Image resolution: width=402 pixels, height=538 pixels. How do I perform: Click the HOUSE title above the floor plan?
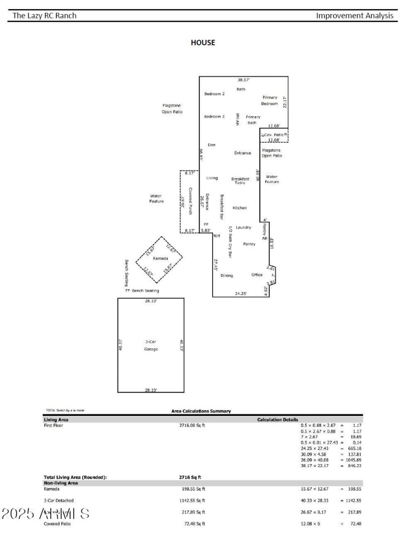click(203, 43)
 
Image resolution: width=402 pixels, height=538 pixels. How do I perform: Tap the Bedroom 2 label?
click(214, 94)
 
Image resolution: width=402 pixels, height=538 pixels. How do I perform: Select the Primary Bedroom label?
click(269, 101)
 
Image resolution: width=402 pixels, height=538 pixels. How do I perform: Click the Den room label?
click(212, 145)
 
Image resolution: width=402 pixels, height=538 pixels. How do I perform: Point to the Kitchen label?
click(240, 208)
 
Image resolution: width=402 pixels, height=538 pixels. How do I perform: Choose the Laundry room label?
click(243, 227)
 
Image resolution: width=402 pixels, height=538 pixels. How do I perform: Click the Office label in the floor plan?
click(257, 275)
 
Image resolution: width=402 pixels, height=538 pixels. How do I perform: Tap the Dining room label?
click(227, 276)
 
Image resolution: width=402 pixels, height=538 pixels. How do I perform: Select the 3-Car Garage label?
click(151, 345)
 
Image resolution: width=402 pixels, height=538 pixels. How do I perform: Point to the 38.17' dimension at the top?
click(244, 80)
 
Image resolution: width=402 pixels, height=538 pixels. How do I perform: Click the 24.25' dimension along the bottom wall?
click(241, 293)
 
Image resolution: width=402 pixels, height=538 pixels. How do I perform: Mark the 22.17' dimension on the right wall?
click(285, 103)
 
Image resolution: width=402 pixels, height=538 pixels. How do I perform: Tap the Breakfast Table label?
click(240, 181)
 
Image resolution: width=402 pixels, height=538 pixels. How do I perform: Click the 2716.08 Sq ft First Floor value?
click(188, 425)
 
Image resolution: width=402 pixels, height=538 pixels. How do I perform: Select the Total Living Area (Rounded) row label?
click(75, 477)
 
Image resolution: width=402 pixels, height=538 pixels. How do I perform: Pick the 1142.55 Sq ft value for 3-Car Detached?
click(189, 500)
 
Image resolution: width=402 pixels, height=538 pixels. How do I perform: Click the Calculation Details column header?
click(277, 419)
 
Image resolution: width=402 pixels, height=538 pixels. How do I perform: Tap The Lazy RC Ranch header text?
click(45, 16)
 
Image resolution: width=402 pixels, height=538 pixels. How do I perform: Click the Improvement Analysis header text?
click(355, 16)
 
